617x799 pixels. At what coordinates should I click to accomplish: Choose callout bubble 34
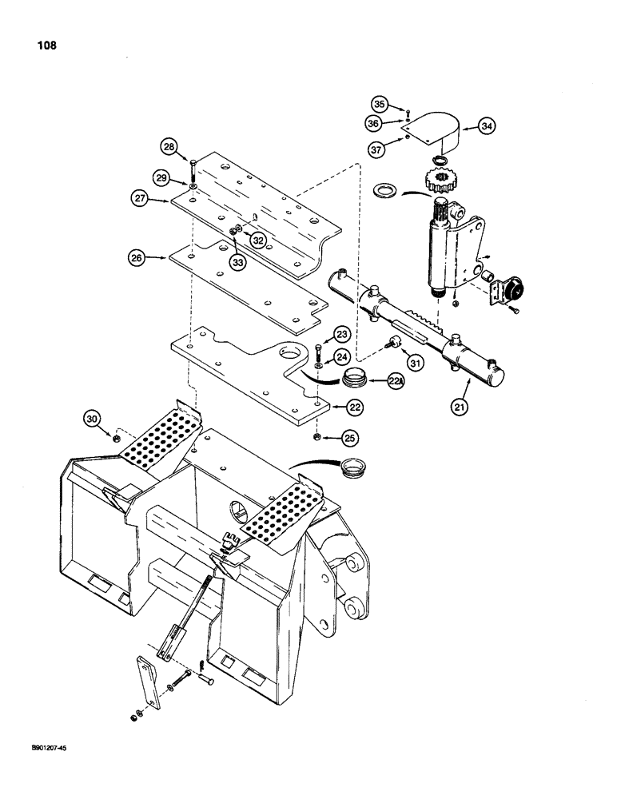pyautogui.click(x=487, y=125)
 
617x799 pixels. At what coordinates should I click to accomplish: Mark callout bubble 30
pyautogui.click(x=93, y=417)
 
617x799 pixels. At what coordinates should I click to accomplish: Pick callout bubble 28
pyautogui.click(x=168, y=146)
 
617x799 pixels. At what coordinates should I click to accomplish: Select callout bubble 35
pyautogui.click(x=380, y=104)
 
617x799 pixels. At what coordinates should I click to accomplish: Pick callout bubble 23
pyautogui.click(x=341, y=333)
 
